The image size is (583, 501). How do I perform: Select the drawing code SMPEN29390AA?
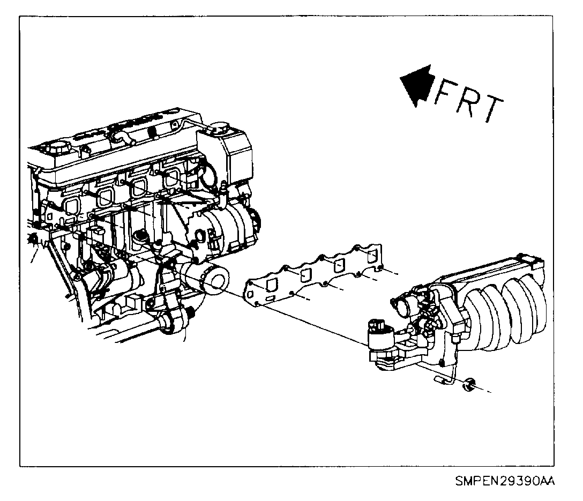[x=504, y=482]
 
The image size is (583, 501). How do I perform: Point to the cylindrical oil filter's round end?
[x=216, y=282]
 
